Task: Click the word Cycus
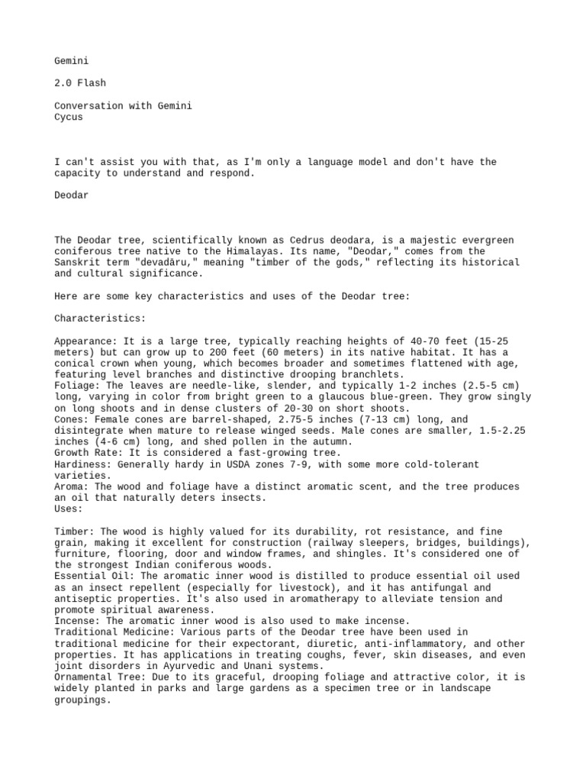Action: click(x=69, y=118)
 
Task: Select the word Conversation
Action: click(x=89, y=106)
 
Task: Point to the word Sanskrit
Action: click(x=77, y=262)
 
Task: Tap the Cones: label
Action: click(x=72, y=420)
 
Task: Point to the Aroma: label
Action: click(x=72, y=486)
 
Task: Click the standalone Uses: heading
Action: click(x=69, y=509)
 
